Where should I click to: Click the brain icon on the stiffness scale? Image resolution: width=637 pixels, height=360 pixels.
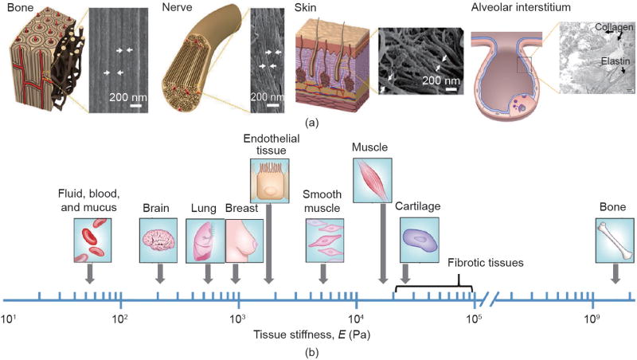point(160,241)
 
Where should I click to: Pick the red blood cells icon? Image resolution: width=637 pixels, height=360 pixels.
point(89,241)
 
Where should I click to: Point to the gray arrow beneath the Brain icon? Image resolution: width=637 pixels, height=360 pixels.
point(160,272)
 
